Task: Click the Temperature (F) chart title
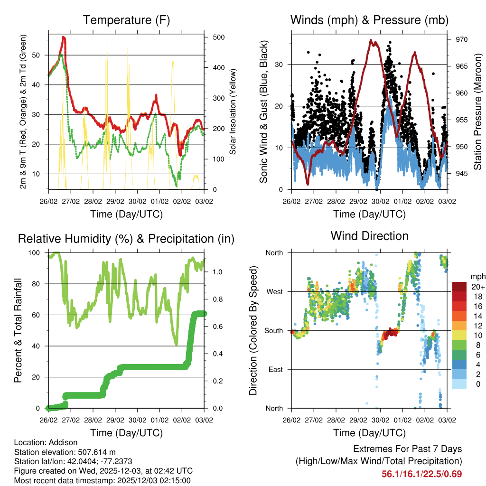pos(126,20)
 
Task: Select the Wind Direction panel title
pos(369,235)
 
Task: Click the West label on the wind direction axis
pos(273,291)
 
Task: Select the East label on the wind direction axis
pos(275,369)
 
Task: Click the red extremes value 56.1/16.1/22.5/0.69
pos(422,474)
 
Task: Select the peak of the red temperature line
pos(64,37)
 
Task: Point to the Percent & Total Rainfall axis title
pos(18,330)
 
